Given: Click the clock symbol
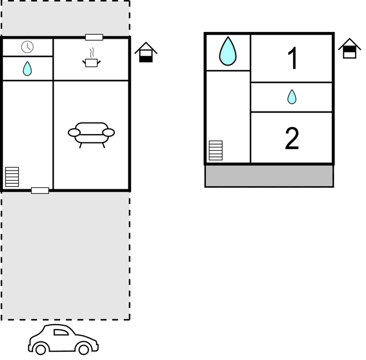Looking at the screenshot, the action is [x=27, y=47].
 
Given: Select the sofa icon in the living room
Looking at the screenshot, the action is [x=91, y=135].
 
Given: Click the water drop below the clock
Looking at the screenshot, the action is [x=27, y=68].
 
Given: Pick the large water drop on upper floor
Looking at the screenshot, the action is [x=228, y=51].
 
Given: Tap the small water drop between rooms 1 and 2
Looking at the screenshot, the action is [x=292, y=97].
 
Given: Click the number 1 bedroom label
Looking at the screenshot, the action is [x=292, y=58].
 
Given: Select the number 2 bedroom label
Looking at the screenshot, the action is [x=292, y=138].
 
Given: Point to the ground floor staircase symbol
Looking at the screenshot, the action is [x=12, y=177].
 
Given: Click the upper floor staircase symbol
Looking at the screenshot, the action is [x=216, y=150].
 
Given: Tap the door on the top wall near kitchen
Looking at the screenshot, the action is [x=94, y=38].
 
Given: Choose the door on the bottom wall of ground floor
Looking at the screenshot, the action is [x=40, y=190].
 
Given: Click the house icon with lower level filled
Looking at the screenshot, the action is [x=146, y=52].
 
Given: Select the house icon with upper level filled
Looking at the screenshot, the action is [x=349, y=49].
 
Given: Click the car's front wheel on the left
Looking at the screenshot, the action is [x=40, y=349].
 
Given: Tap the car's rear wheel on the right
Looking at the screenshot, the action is [x=83, y=349].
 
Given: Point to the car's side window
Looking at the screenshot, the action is [x=61, y=332].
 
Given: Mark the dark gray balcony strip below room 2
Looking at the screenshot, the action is [x=269, y=176].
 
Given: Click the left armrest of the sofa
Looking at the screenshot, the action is [x=74, y=133].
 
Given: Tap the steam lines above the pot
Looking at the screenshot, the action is [x=92, y=53].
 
